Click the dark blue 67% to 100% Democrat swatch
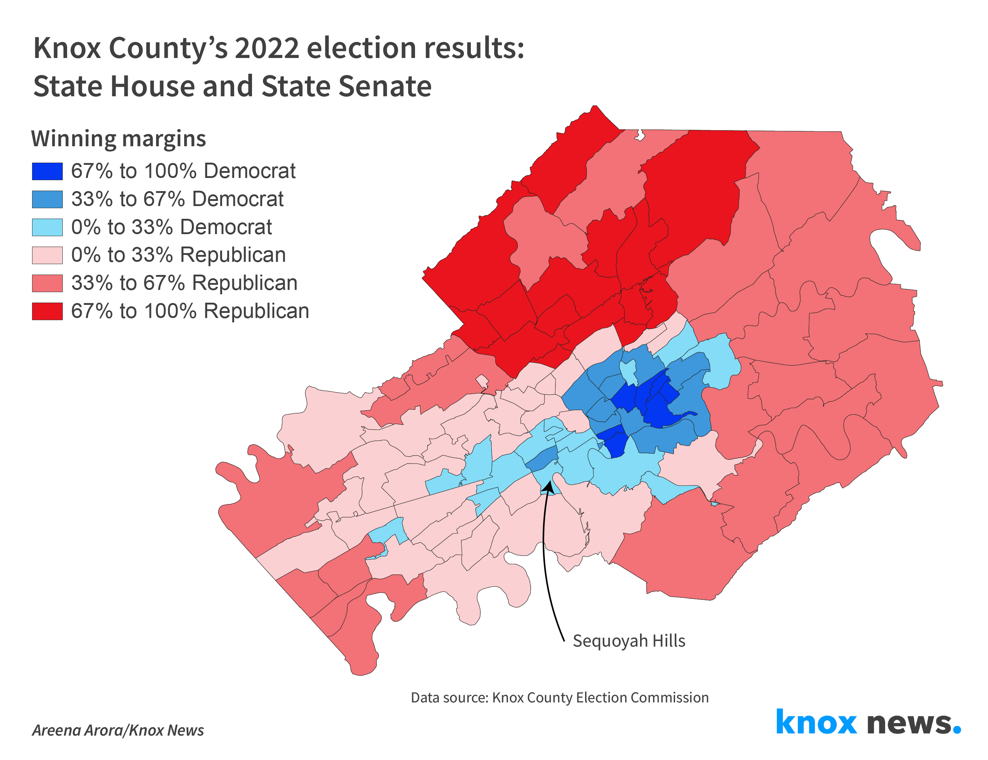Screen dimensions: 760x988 47,171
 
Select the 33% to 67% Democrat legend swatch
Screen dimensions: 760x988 47,199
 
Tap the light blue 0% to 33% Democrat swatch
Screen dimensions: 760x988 47,228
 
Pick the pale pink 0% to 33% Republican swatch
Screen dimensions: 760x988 47,255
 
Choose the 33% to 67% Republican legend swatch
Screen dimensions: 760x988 47,283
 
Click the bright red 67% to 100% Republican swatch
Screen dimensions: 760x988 47,311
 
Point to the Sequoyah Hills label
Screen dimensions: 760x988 629,641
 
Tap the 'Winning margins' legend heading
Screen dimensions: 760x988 119,139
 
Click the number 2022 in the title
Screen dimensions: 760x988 267,48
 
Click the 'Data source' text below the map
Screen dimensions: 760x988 559,698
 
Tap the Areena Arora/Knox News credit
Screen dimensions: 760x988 117,730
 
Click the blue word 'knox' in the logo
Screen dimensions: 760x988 816,722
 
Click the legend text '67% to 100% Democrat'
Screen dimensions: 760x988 183,171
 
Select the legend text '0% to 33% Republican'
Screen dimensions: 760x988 179,255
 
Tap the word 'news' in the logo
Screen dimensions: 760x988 909,724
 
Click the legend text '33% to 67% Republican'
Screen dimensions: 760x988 184,283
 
